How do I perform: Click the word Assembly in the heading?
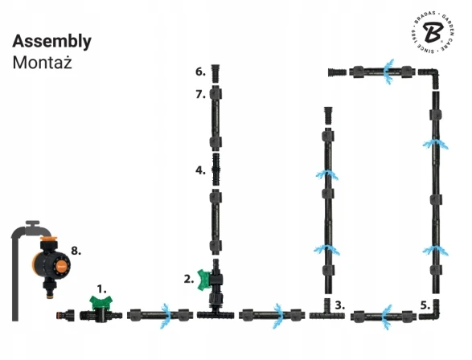(x=51, y=42)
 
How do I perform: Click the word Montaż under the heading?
(x=42, y=63)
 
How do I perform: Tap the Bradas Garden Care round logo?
(x=433, y=32)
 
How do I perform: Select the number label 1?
(x=102, y=289)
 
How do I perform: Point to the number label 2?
(x=189, y=280)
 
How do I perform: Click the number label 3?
(x=340, y=305)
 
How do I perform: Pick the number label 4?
(x=200, y=170)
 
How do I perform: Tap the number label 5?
(x=425, y=305)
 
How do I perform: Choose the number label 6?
(x=200, y=72)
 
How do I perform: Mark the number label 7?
(x=200, y=95)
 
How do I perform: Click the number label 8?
(x=76, y=251)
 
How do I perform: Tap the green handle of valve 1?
(x=101, y=303)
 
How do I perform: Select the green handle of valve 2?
(x=203, y=280)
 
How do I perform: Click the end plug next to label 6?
(x=215, y=73)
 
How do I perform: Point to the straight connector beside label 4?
(x=215, y=170)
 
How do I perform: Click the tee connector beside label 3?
(x=327, y=313)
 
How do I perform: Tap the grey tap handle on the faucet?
(x=32, y=224)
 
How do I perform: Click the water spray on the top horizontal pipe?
(x=389, y=72)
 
